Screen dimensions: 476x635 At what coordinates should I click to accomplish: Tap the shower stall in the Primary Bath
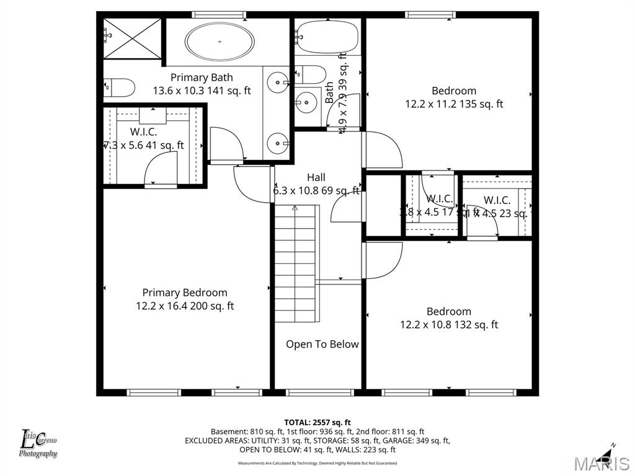131,38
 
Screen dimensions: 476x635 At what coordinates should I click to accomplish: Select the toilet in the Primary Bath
119,88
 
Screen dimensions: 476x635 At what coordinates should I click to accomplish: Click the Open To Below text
322,344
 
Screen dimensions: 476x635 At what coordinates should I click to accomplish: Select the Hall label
316,178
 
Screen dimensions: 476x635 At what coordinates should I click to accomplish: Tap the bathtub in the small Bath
327,37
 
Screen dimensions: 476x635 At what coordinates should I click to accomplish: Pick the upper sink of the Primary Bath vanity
278,81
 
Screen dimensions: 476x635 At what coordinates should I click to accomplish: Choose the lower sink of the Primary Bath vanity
277,144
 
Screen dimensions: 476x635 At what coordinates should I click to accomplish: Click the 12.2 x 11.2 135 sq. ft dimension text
454,104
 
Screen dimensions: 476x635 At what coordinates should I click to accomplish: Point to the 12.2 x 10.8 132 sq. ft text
449,324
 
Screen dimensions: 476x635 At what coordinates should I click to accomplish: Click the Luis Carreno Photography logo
38,444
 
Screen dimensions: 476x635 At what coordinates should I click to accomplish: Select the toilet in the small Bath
310,75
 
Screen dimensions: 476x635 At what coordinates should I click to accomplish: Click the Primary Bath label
202,77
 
